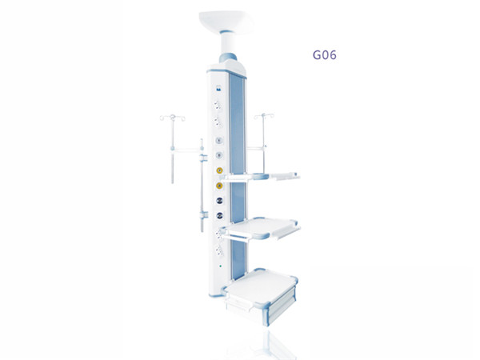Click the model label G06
[x=324, y=55]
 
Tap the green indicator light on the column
[x=221, y=266]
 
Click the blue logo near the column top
[x=218, y=88]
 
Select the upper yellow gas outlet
[x=219, y=170]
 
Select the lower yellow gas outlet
[x=219, y=186]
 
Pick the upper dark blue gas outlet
[x=219, y=201]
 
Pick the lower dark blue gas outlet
[x=219, y=215]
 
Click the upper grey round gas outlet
[x=218, y=140]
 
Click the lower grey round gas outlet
[x=218, y=155]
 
